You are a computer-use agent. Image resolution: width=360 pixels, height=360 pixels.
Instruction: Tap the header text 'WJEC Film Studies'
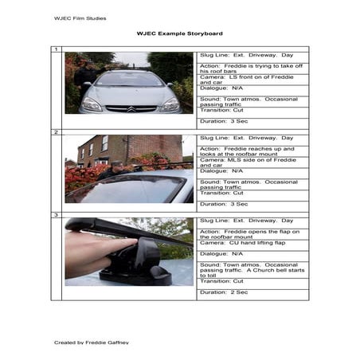[x=80, y=18]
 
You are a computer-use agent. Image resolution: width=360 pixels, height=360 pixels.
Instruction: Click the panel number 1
[x=56, y=50]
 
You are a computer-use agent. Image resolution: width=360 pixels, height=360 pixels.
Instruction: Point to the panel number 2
[x=56, y=131]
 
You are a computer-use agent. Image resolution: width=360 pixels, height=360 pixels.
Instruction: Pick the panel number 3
[x=56, y=215]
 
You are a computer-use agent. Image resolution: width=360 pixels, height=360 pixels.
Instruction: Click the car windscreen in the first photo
[x=130, y=80]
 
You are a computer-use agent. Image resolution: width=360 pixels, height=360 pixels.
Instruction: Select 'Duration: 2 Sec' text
[x=224, y=292]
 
